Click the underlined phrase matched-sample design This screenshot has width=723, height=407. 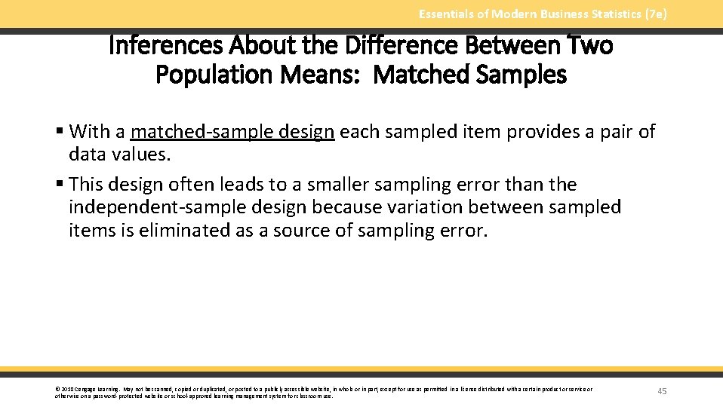pos(232,132)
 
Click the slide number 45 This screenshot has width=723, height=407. pos(662,391)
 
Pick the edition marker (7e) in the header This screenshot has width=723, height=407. pos(653,14)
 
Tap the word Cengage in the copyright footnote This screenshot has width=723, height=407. pos(84,390)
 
